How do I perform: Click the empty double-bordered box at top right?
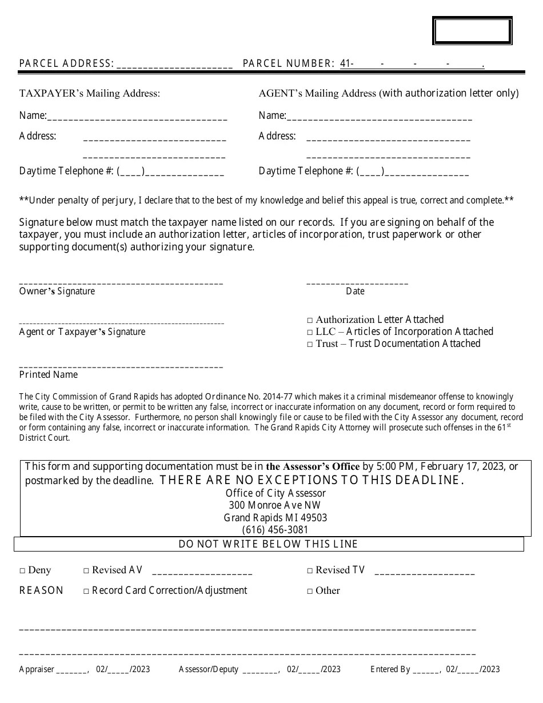[x=472, y=31]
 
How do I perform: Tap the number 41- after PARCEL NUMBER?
[x=346, y=64]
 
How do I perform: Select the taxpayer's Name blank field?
[x=137, y=117]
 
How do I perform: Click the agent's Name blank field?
[x=379, y=117]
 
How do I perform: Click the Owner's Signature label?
[x=57, y=291]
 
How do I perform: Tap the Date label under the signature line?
[x=355, y=291]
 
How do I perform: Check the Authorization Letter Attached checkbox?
[x=310, y=321]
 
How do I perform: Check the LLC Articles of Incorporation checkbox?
[x=310, y=333]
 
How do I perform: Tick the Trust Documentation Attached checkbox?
[x=310, y=345]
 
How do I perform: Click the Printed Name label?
[x=49, y=375]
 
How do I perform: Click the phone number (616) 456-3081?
[x=275, y=530]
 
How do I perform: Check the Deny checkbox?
[x=22, y=571]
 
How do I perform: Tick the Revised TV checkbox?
[x=310, y=571]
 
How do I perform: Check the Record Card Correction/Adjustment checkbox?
[x=86, y=592]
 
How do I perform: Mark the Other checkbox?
[x=310, y=592]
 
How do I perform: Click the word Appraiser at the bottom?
[x=37, y=669]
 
